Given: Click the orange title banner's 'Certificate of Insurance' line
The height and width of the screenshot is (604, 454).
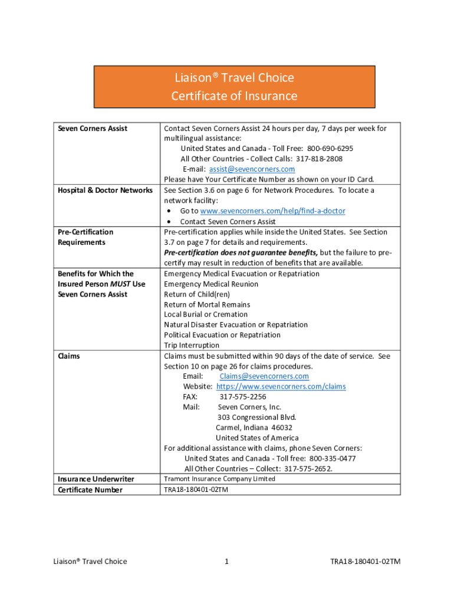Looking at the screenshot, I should tap(234, 96).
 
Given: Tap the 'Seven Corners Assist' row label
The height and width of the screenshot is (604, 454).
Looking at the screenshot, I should tap(93, 128).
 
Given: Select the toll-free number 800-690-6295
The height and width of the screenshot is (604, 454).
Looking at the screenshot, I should tap(330, 149).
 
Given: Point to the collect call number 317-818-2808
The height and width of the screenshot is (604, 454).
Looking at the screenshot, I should tap(318, 159).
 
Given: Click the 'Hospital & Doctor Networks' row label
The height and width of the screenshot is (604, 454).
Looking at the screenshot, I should tap(105, 190).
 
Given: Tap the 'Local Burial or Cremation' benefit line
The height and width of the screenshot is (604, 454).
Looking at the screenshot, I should tap(206, 314).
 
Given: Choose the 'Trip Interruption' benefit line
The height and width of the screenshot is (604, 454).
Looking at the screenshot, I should tap(192, 345).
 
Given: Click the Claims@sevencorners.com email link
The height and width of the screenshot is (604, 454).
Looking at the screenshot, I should tap(264, 376).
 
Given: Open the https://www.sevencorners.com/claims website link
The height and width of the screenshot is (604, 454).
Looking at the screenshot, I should tap(281, 386).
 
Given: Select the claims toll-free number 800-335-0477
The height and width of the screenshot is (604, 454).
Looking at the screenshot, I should tap(333, 458).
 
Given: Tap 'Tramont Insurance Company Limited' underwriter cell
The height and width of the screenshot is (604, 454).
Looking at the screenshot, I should tap(219, 479).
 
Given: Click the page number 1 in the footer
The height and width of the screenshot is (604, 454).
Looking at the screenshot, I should tap(226, 562).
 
